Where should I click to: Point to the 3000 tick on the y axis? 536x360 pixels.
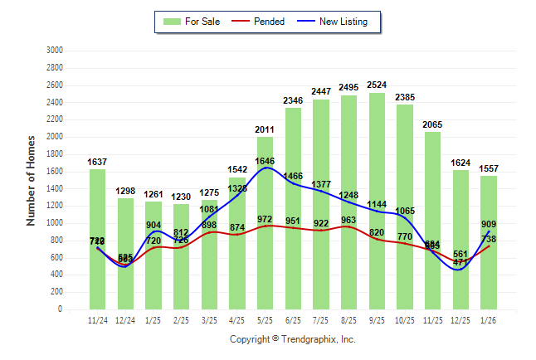pyautogui.click(x=54, y=51)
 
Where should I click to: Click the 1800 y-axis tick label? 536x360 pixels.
pyautogui.click(x=54, y=154)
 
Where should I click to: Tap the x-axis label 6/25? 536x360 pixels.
pyautogui.click(x=293, y=319)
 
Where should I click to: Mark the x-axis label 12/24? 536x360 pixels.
pyautogui.click(x=125, y=319)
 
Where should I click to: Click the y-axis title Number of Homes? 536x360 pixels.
pyautogui.click(x=31, y=180)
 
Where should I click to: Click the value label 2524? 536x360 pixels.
pyautogui.click(x=377, y=85)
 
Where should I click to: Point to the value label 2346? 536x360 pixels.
pyautogui.click(x=293, y=100)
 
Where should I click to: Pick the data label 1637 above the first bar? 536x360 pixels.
pyautogui.click(x=97, y=162)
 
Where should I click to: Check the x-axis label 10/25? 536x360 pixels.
pyautogui.click(x=405, y=319)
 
